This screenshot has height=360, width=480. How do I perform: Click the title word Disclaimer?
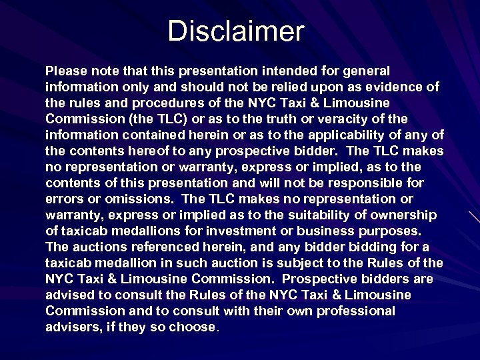pos(236,31)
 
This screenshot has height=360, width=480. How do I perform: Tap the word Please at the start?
pos(66,71)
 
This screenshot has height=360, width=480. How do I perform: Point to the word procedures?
pos(158,103)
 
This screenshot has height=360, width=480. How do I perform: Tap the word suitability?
pos(313,215)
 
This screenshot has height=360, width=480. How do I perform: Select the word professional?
pos(355,311)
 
